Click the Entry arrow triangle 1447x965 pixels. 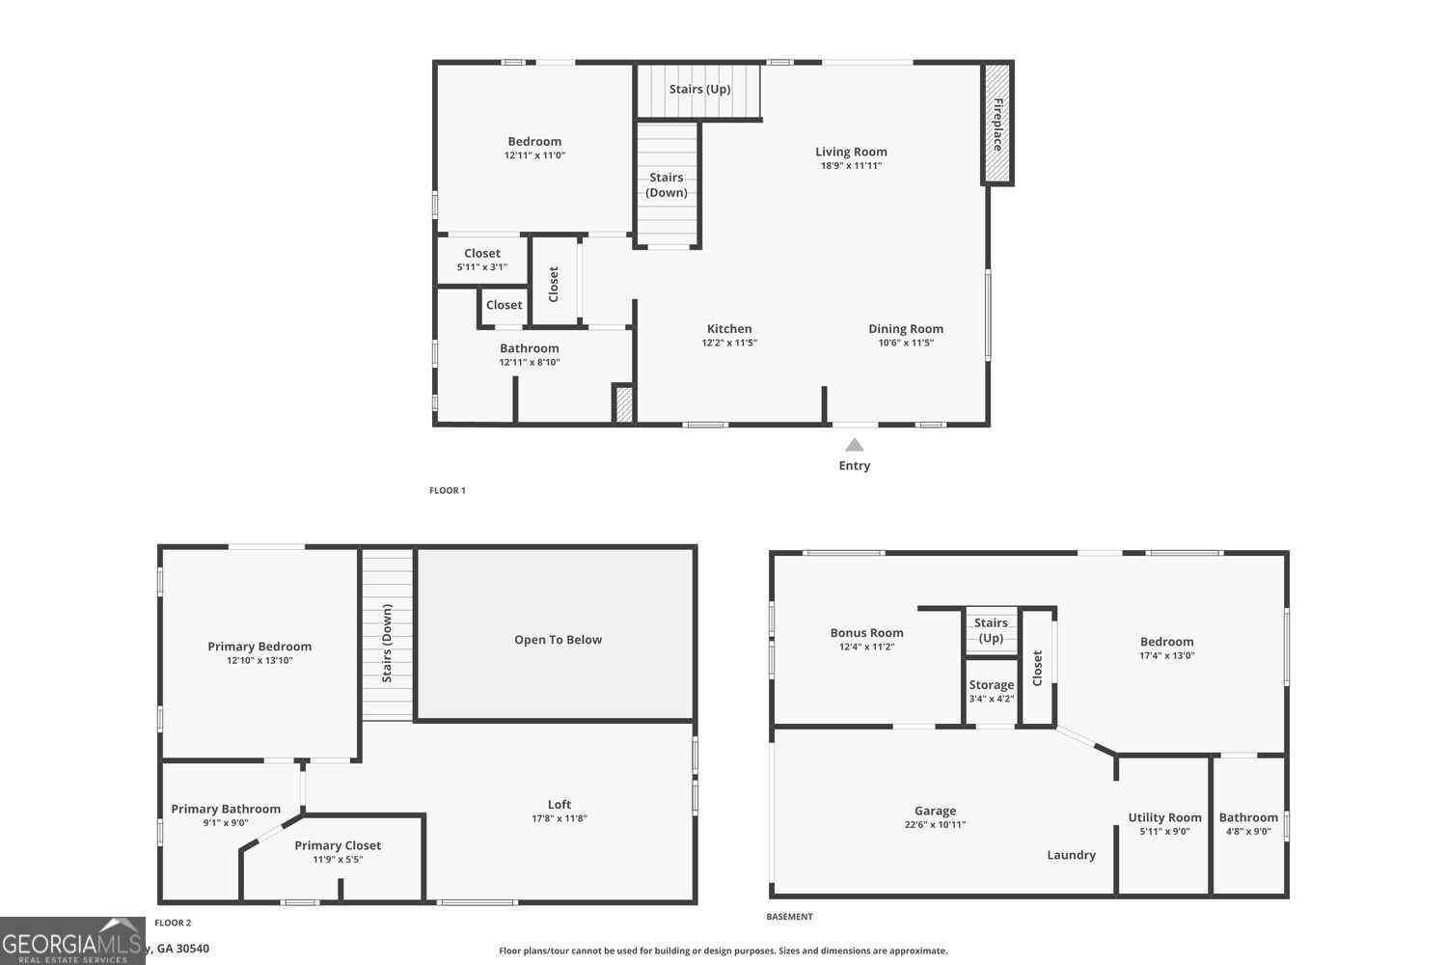pyautogui.click(x=854, y=445)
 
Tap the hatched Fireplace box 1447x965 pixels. pyautogui.click(x=997, y=123)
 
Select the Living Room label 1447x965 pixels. pyautogui.click(x=851, y=152)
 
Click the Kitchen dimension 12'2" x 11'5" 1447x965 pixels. pyautogui.click(x=729, y=343)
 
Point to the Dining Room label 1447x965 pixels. pyautogui.click(x=906, y=329)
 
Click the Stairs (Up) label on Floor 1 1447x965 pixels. pyautogui.click(x=699, y=89)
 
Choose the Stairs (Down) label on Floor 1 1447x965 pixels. pyautogui.click(x=667, y=184)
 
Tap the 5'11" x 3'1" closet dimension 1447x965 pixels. pyautogui.click(x=482, y=267)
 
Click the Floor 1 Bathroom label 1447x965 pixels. pyautogui.click(x=529, y=348)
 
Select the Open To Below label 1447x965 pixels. pyautogui.click(x=558, y=640)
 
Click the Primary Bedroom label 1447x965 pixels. pyautogui.click(x=259, y=647)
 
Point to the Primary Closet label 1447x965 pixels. pyautogui.click(x=338, y=845)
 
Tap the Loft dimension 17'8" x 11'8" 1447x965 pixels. pyautogui.click(x=560, y=818)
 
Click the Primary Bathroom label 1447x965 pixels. pyautogui.click(x=226, y=809)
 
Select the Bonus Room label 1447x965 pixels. pyautogui.click(x=866, y=633)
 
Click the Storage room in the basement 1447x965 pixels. pyautogui.click(x=992, y=690)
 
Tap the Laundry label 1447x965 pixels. pyautogui.click(x=1071, y=855)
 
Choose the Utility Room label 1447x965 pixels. pyautogui.click(x=1164, y=817)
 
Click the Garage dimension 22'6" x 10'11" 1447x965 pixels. pyautogui.click(x=935, y=825)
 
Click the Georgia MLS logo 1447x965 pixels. pyautogui.click(x=72, y=942)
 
